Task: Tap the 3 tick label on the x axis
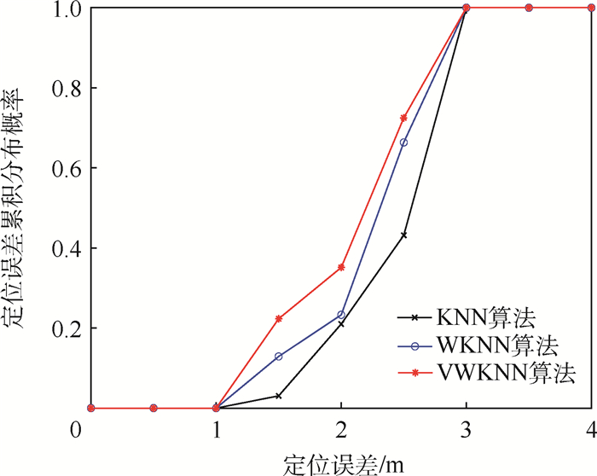467,426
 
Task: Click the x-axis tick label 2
341,426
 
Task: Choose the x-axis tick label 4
590,426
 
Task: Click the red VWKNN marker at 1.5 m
279,319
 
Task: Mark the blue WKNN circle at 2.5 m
403,142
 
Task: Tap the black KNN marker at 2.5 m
403,235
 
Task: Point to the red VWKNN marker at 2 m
341,267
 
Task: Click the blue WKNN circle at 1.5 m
279,356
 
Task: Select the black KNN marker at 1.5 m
279,396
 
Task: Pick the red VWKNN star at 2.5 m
403,118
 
